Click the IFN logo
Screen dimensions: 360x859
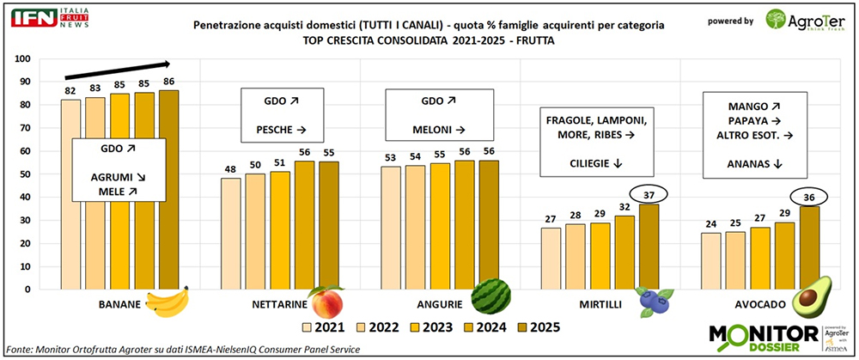pos(34,17)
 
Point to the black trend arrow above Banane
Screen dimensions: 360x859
pos(116,70)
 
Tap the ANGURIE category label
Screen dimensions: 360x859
pos(442,304)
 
